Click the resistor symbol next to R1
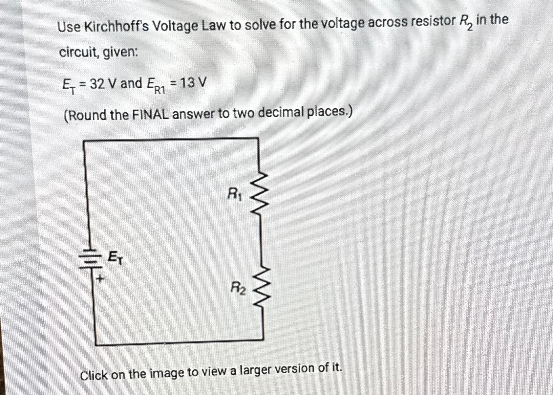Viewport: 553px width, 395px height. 260,194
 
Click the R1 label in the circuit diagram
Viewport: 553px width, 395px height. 235,194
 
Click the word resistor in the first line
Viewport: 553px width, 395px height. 427,22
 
